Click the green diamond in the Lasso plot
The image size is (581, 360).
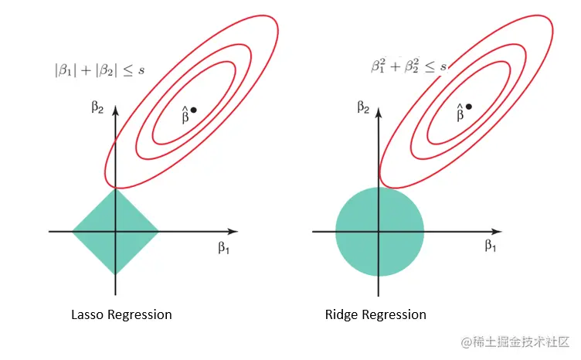pos(115,231)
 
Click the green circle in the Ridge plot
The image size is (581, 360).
pos(379,231)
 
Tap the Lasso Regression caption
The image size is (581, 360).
pos(121,314)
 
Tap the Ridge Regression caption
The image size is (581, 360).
pos(375,314)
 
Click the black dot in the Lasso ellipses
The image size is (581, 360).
pos(193,110)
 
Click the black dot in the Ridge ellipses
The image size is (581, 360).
pos(469,107)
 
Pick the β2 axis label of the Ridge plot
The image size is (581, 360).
pos(363,106)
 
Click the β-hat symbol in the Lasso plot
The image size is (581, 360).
pos(185,115)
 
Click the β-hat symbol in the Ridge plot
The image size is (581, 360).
pos(460,113)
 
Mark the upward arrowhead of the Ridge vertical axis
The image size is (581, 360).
pos(379,106)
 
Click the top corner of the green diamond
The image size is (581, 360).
pos(115,189)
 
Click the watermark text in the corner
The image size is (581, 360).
pos(515,341)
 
